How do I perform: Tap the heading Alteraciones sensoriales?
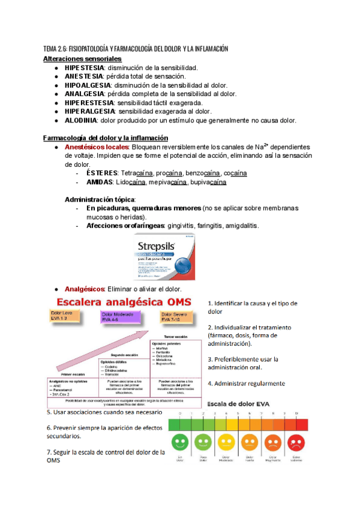[x=82, y=59]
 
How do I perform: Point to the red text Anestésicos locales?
[x=97, y=147]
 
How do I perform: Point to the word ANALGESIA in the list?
[x=84, y=94]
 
